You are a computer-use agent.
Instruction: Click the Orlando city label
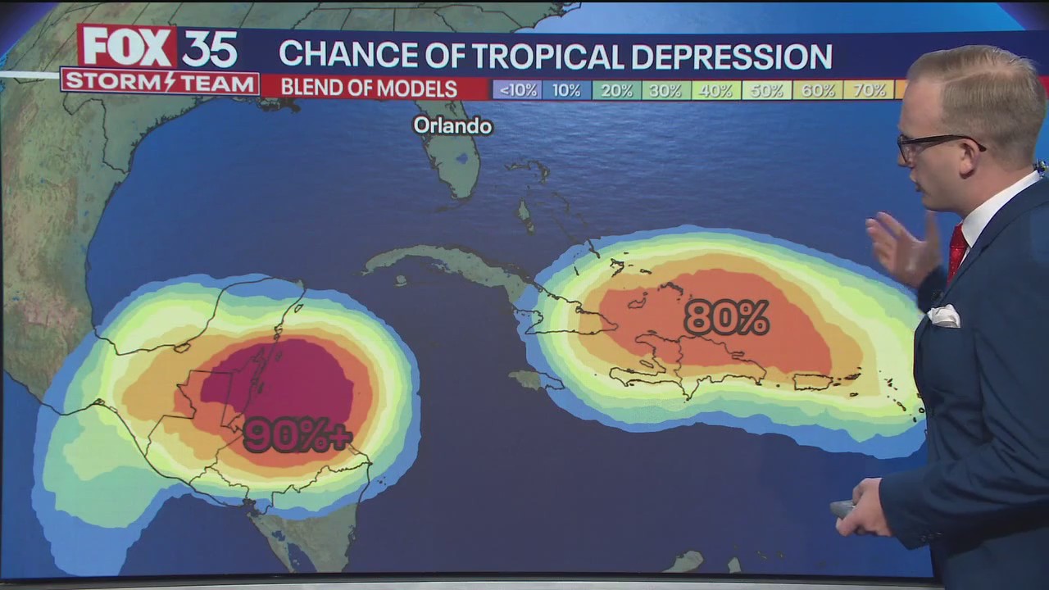(452, 125)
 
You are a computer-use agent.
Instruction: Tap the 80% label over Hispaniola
(726, 318)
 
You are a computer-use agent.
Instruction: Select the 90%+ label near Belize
(297, 435)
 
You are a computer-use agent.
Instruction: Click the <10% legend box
(516, 90)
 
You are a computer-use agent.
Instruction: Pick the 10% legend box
(566, 90)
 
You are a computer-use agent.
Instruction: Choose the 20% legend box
(616, 90)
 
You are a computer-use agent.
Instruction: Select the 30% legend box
(666, 90)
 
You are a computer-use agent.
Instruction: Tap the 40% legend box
(716, 90)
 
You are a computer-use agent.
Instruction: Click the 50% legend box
(766, 90)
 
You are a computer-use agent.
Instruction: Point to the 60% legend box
(817, 90)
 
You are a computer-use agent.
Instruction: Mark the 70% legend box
(868, 90)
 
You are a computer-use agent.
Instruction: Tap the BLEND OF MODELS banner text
(369, 88)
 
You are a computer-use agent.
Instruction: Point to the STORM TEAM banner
(160, 83)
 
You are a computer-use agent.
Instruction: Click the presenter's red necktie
(956, 250)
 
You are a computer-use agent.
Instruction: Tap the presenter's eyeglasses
(934, 145)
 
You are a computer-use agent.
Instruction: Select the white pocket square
(944, 315)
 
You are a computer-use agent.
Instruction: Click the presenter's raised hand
(901, 246)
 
